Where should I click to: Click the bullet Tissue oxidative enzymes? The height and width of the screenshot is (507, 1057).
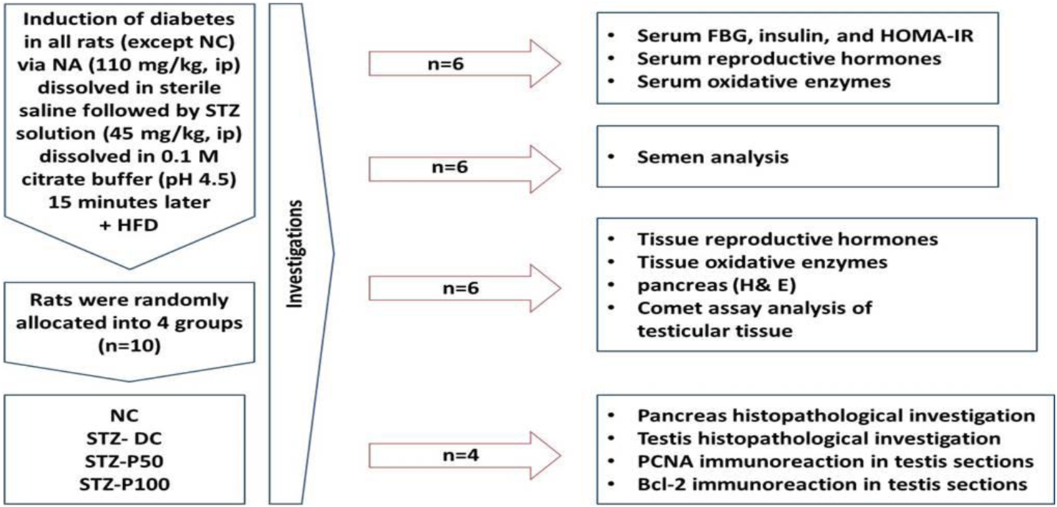tap(760, 262)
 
